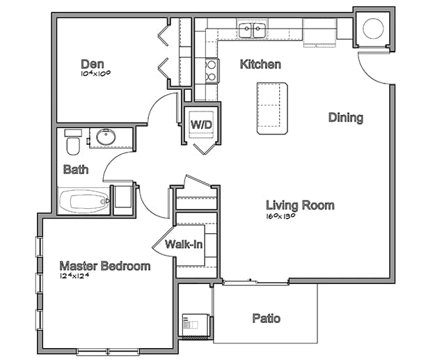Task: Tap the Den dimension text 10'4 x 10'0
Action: pyautogui.click(x=95, y=73)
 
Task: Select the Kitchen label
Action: pyautogui.click(x=260, y=64)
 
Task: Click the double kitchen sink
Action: pyautogui.click(x=252, y=31)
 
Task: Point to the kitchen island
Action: pyautogui.click(x=272, y=109)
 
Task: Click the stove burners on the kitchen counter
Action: pyautogui.click(x=212, y=70)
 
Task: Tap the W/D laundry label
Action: pyautogui.click(x=201, y=125)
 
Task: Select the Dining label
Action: pyautogui.click(x=346, y=118)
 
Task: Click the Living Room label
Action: pyautogui.click(x=300, y=205)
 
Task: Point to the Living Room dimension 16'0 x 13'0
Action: pyautogui.click(x=281, y=217)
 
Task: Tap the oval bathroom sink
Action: pyautogui.click(x=106, y=137)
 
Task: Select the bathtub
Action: pyautogui.click(x=84, y=201)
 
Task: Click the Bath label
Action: pyautogui.click(x=76, y=169)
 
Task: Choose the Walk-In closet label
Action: pyautogui.click(x=184, y=244)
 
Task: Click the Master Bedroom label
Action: pyautogui.click(x=105, y=266)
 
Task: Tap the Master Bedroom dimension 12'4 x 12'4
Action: pyautogui.click(x=74, y=276)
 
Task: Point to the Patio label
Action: pyautogui.click(x=267, y=318)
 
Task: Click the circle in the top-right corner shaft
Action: pyautogui.click(x=373, y=29)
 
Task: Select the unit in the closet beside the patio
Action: pyautogui.click(x=196, y=324)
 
